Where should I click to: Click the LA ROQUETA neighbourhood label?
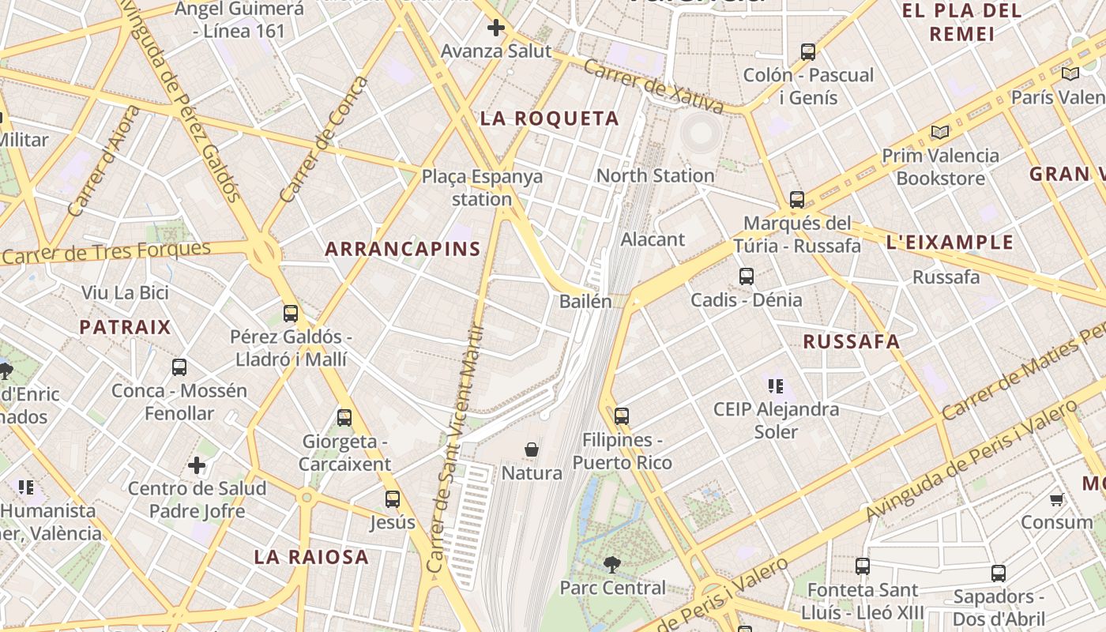point(550,119)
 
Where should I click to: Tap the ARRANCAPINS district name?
point(403,249)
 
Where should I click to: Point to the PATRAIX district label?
point(125,327)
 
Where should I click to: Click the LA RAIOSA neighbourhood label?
point(311,557)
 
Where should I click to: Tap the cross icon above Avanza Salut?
point(496,28)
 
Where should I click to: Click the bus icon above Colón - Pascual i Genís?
point(808,52)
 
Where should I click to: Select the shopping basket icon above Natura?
point(532,450)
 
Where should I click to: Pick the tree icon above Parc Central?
point(611,564)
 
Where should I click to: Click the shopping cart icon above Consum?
point(1056,499)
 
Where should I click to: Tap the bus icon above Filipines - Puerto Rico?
point(622,416)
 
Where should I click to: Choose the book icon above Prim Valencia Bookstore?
point(939,132)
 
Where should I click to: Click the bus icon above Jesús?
point(392,499)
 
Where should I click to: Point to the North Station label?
point(655,175)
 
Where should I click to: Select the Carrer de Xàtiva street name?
point(653,86)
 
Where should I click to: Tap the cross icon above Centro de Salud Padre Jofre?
point(197,465)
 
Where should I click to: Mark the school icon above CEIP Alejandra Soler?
point(775,386)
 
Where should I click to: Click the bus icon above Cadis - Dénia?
point(747,276)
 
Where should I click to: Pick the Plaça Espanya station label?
point(482,187)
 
